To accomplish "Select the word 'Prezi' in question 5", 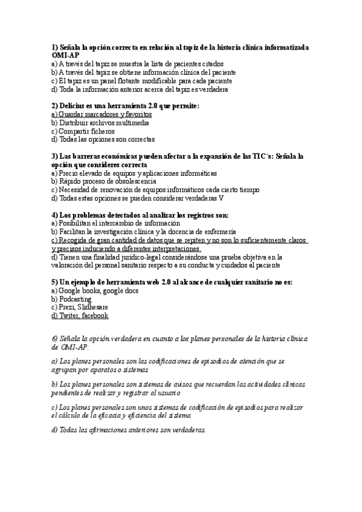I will click(68, 307).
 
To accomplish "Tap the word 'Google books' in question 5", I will click(80, 290).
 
